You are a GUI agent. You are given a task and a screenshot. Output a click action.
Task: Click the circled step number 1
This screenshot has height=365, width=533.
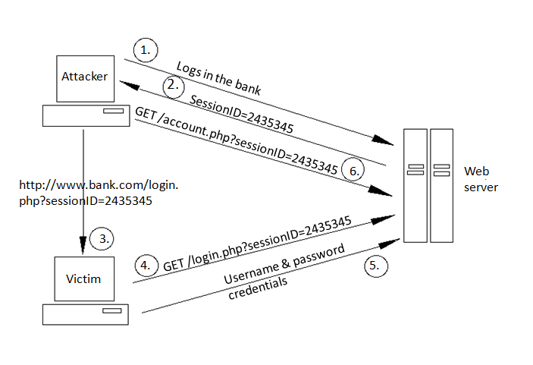(145, 50)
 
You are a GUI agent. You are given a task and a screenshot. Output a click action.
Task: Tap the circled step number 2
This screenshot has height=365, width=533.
(174, 85)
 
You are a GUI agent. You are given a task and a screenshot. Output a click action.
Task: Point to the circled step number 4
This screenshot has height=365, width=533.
(146, 266)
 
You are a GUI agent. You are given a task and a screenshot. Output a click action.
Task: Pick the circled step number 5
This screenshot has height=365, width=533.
(375, 265)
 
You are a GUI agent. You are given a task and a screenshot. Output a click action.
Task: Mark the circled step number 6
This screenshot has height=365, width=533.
(351, 169)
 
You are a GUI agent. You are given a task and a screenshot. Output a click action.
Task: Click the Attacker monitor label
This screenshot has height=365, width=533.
(83, 77)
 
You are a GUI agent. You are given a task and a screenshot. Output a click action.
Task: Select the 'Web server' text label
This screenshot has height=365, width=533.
(481, 178)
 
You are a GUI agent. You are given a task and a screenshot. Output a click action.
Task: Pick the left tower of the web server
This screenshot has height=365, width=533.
(415, 185)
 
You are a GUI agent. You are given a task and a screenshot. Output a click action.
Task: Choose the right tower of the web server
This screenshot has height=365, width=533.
(441, 185)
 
